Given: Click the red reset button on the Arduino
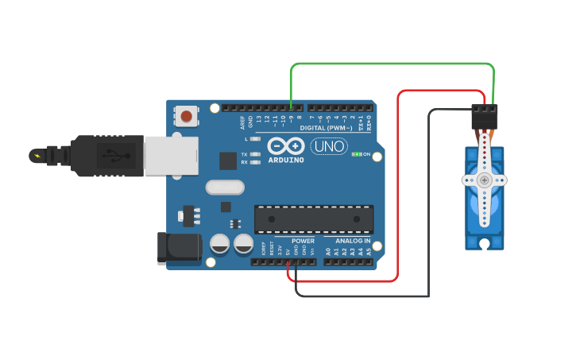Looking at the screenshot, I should pyautogui.click(x=186, y=117).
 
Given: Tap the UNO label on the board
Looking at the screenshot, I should pyautogui.click(x=327, y=146).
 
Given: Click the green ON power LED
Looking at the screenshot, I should pyautogui.click(x=357, y=154).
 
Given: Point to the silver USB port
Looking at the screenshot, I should pyautogui.click(x=171, y=154).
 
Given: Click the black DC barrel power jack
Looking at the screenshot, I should pyautogui.click(x=178, y=247).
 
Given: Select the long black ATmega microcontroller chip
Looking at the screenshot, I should pyautogui.click(x=314, y=219).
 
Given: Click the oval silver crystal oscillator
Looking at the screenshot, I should pyautogui.click(x=225, y=188).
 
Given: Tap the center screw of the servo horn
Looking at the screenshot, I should pyautogui.click(x=485, y=180).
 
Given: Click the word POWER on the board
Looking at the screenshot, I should pyautogui.click(x=303, y=241).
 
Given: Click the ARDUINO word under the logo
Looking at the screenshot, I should pyautogui.click(x=286, y=160).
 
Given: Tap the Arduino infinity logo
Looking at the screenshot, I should pyautogui.click(x=286, y=146).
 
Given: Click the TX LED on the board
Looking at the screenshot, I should pyautogui.click(x=254, y=154).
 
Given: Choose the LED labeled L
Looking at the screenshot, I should pyautogui.click(x=254, y=139).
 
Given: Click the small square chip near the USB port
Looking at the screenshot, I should pyautogui.click(x=228, y=160).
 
